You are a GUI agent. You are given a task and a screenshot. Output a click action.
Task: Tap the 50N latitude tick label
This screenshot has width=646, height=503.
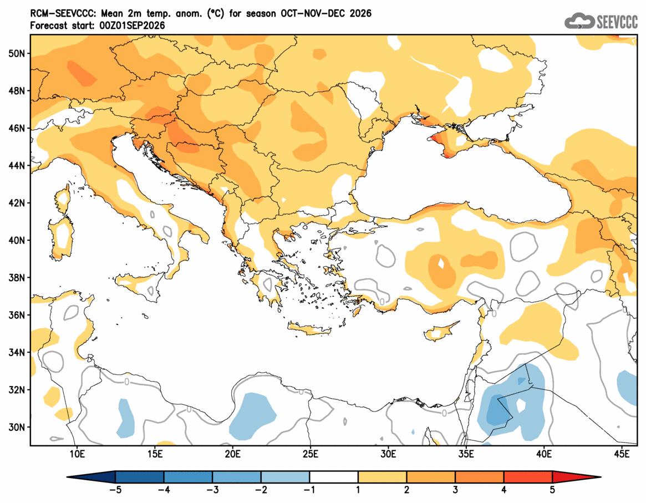coord(17,54)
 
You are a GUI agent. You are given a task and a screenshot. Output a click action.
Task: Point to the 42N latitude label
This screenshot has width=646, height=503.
coord(17,203)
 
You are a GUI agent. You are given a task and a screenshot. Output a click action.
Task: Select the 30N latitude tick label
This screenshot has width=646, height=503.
coord(17,427)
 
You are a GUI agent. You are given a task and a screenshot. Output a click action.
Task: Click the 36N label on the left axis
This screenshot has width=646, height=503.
coord(17,315)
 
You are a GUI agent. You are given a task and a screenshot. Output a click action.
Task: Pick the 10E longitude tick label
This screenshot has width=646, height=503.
coord(77,454)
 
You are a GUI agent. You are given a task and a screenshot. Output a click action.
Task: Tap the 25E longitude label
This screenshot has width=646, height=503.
coord(310,454)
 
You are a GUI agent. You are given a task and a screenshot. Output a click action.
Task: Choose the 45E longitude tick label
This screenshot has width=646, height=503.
coord(622,454)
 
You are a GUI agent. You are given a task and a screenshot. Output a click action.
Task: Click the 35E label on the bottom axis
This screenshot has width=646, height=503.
coord(466,454)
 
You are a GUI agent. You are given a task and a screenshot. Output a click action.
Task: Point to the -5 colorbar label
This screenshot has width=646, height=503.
coord(115,490)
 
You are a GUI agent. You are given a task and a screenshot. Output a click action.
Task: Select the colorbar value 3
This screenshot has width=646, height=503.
coord(455,490)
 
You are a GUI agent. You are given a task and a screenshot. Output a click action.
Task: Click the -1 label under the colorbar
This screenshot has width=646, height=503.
coord(309,490)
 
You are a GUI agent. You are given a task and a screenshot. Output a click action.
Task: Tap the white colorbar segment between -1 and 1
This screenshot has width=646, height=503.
coord(334,477)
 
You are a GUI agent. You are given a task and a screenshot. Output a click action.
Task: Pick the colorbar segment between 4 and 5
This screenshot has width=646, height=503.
coord(528,477)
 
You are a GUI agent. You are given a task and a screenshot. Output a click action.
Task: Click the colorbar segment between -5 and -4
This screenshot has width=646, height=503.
coord(140,477)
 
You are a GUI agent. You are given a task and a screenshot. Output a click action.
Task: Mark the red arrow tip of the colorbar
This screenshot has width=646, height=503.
coord(601,477)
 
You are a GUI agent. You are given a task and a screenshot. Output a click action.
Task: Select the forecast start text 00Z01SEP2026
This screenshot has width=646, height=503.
coord(132,26)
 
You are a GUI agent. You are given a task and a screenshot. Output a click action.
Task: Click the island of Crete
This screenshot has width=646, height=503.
coord(310,329)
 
